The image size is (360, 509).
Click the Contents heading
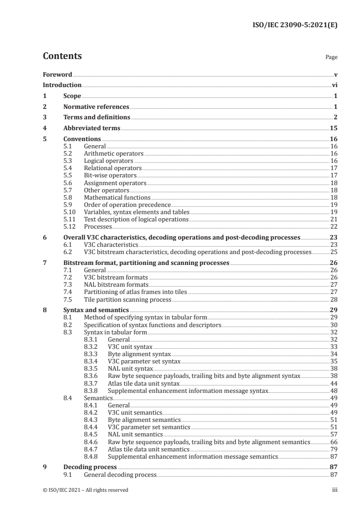point(62,56)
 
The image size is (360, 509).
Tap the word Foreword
point(57,74)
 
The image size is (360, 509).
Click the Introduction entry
point(62,85)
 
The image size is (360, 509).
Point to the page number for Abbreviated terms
point(333,128)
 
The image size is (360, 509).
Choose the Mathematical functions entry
point(117,198)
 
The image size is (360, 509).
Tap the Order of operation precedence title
point(126,205)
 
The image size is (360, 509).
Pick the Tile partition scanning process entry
point(128,299)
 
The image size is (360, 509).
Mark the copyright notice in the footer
point(85,490)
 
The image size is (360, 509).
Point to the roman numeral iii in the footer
point(335,490)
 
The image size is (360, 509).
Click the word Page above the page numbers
point(331,58)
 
